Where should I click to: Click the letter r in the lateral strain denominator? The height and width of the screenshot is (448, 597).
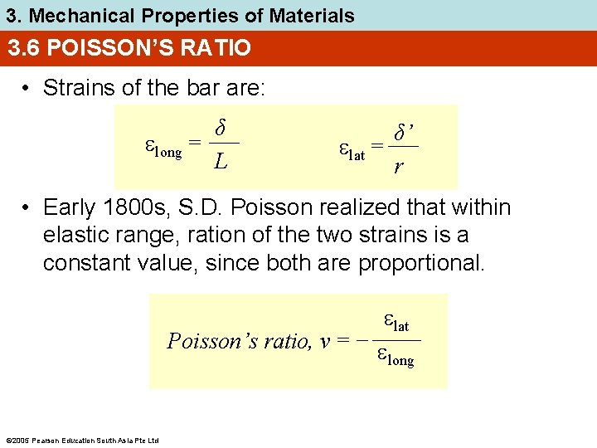(x=400, y=167)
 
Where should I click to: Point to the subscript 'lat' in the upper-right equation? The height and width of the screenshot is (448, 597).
(x=357, y=155)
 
